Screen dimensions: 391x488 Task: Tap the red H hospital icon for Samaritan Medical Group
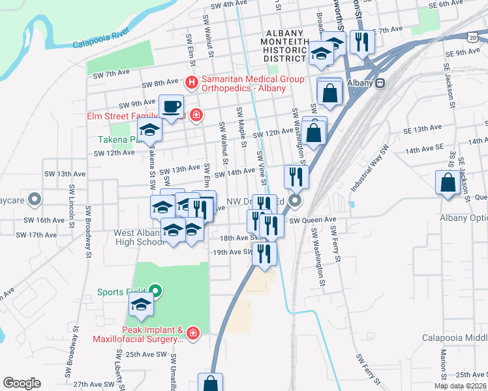(191, 83)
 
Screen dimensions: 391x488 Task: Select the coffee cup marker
(172, 107)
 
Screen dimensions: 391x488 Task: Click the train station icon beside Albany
(380, 83)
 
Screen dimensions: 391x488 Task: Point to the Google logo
(22, 383)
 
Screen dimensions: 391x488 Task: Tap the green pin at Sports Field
(155, 291)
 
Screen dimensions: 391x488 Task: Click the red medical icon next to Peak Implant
(192, 334)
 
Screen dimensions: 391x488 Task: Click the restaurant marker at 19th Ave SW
(264, 252)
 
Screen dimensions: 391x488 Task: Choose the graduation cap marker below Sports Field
(141, 304)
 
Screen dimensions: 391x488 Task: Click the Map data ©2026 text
(461, 386)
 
